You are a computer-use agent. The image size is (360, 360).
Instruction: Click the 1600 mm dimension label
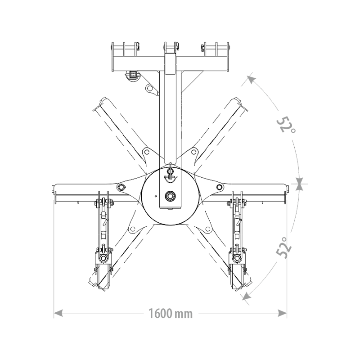tap(171, 313)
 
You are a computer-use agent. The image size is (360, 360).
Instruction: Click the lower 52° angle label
tap(284, 247)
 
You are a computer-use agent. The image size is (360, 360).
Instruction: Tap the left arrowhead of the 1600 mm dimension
tap(58, 313)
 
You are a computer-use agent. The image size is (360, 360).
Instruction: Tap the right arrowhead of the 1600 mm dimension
tap(282, 313)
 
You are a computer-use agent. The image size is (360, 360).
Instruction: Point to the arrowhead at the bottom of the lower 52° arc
tap(247, 296)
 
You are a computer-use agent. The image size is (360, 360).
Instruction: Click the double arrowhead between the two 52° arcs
tap(299, 184)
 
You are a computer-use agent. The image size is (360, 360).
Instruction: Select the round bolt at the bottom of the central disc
tap(171, 196)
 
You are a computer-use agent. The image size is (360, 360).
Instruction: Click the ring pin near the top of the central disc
tap(170, 171)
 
